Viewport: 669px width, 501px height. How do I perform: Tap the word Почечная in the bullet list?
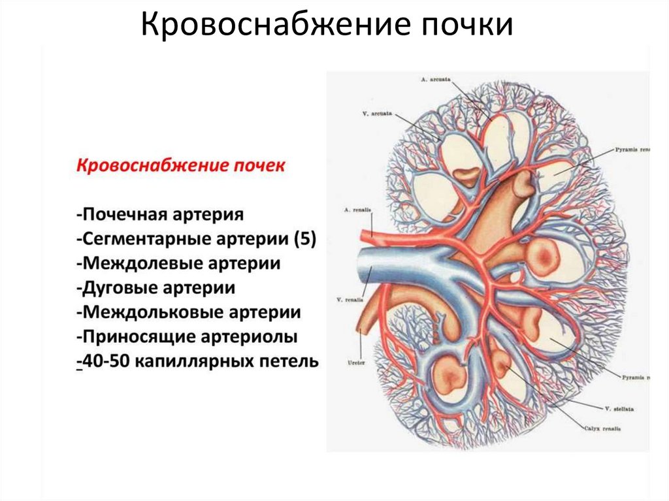tap(127, 214)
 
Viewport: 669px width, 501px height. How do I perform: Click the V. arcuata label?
tap(377, 114)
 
